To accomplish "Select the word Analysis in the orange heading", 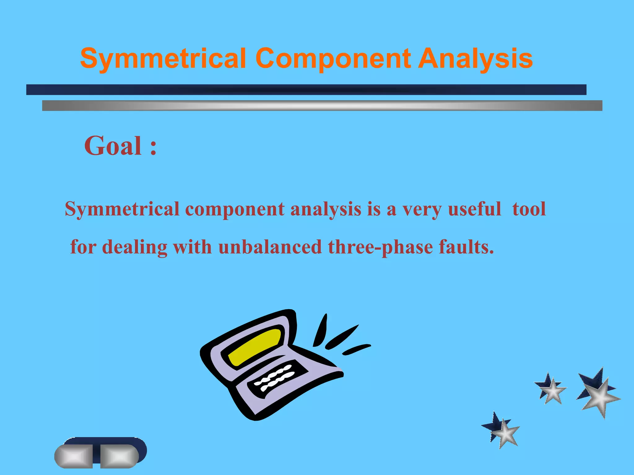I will point(475,59).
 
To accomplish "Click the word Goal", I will point(113,146).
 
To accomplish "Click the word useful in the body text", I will point(474,209).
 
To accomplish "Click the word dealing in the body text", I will point(135,247).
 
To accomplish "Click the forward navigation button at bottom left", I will point(119,456).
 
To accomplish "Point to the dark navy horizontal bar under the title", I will point(306,90).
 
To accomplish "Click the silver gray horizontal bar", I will point(322,105).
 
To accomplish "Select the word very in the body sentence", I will point(422,209).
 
